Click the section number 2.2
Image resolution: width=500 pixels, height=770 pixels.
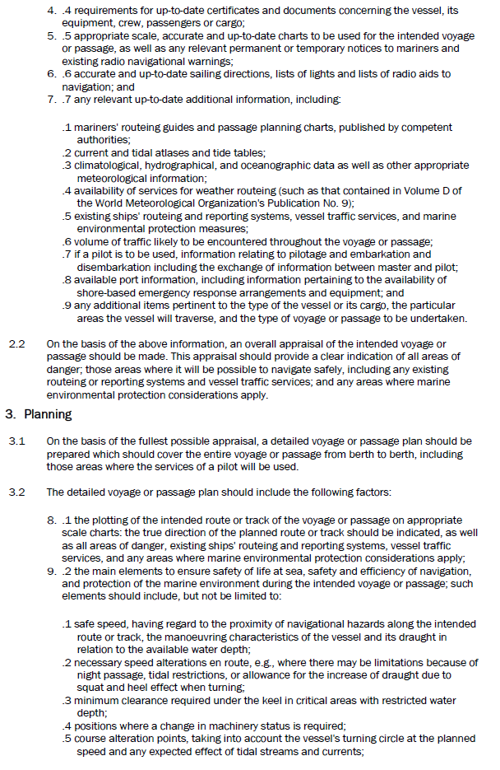tap(16, 343)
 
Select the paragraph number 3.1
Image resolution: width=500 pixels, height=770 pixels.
tap(16, 441)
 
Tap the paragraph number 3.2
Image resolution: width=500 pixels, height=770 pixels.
tap(16, 492)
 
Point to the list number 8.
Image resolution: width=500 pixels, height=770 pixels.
tap(51, 520)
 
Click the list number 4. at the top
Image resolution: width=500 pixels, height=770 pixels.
tap(51, 11)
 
